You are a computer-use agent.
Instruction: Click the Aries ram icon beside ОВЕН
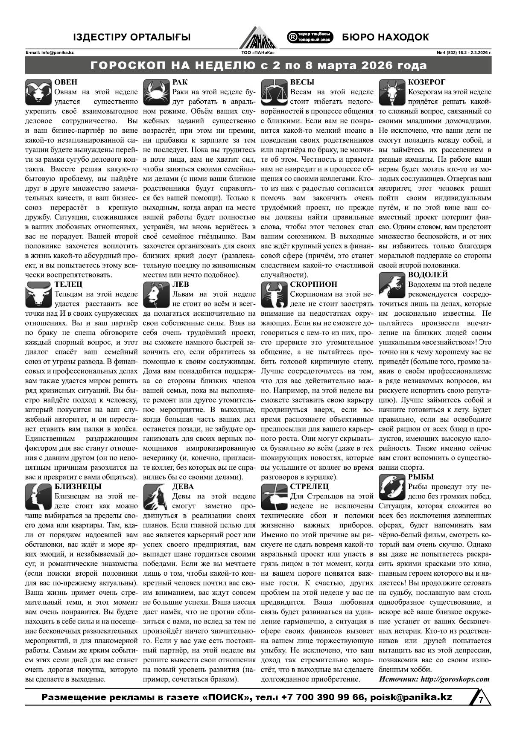39,92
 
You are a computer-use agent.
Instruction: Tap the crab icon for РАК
156,92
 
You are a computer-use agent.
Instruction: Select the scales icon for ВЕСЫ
274,92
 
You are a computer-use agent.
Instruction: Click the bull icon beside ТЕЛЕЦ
39,294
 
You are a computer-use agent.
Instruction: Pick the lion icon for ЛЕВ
156,294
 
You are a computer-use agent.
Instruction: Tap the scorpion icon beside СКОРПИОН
274,294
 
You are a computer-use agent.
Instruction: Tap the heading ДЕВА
183,486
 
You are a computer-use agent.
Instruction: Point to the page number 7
481,700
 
